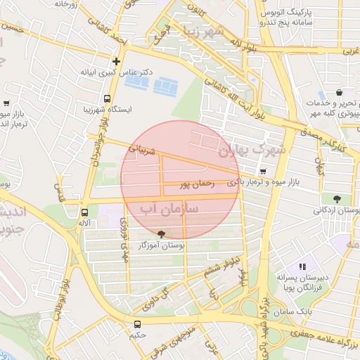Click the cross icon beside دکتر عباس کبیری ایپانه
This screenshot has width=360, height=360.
pyautogui.click(x=117, y=60)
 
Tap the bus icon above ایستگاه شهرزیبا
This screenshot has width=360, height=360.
pyautogui.click(x=108, y=99)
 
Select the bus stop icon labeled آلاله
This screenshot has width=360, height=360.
pyautogui.click(x=84, y=212)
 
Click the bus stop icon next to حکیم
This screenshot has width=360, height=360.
pyautogui.click(x=137, y=324)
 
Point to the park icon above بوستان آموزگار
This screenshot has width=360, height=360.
pyautogui.click(x=162, y=234)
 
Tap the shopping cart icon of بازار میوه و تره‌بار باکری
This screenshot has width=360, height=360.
pyautogui.click(x=263, y=171)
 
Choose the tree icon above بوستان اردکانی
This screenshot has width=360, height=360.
pyautogui.click(x=336, y=198)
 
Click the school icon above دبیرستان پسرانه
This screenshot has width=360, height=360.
pyautogui.click(x=302, y=266)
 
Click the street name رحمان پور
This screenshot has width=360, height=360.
pyautogui.click(x=195, y=184)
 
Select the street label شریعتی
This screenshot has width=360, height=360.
pyautogui.click(x=137, y=149)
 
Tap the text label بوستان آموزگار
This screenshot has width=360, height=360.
pyautogui.click(x=162, y=246)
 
